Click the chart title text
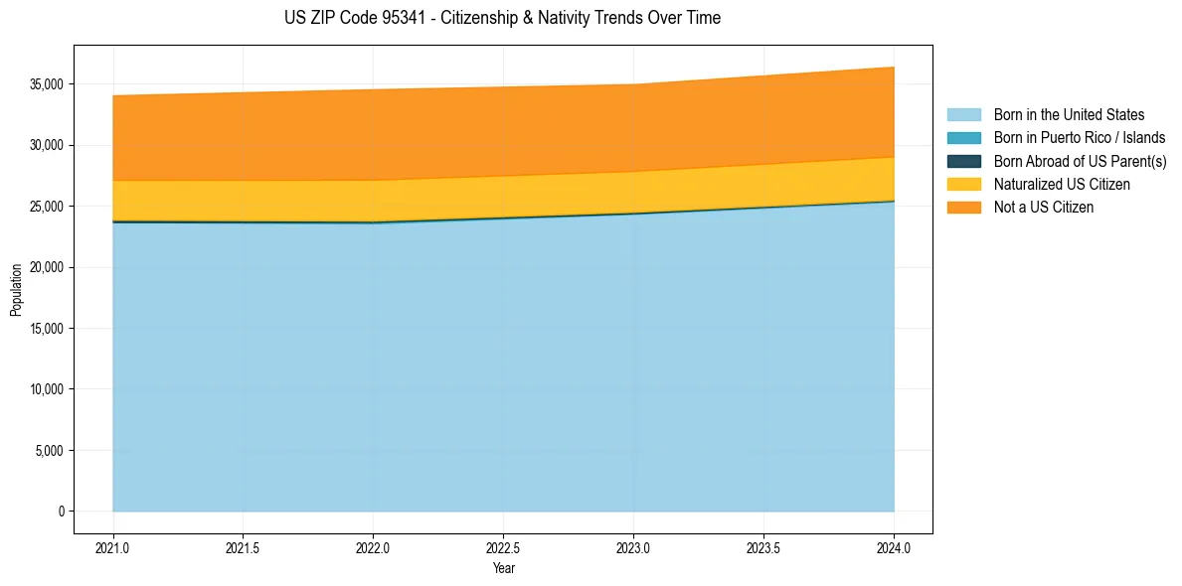tap(502, 18)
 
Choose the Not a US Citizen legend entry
tap(1044, 207)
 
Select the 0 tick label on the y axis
tap(61, 512)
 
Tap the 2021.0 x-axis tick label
tap(113, 547)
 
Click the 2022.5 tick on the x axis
tap(503, 547)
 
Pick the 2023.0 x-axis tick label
tap(633, 547)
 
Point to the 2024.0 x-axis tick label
tap(894, 547)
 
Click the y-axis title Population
tap(16, 290)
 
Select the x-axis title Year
tap(503, 569)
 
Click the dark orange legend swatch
tap(963, 207)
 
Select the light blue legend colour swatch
tap(963, 115)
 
